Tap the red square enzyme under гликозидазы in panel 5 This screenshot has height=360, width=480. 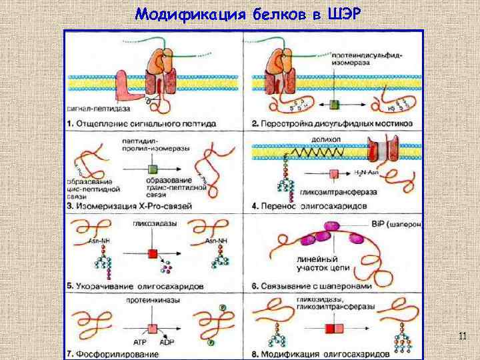[x=152, y=254]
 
